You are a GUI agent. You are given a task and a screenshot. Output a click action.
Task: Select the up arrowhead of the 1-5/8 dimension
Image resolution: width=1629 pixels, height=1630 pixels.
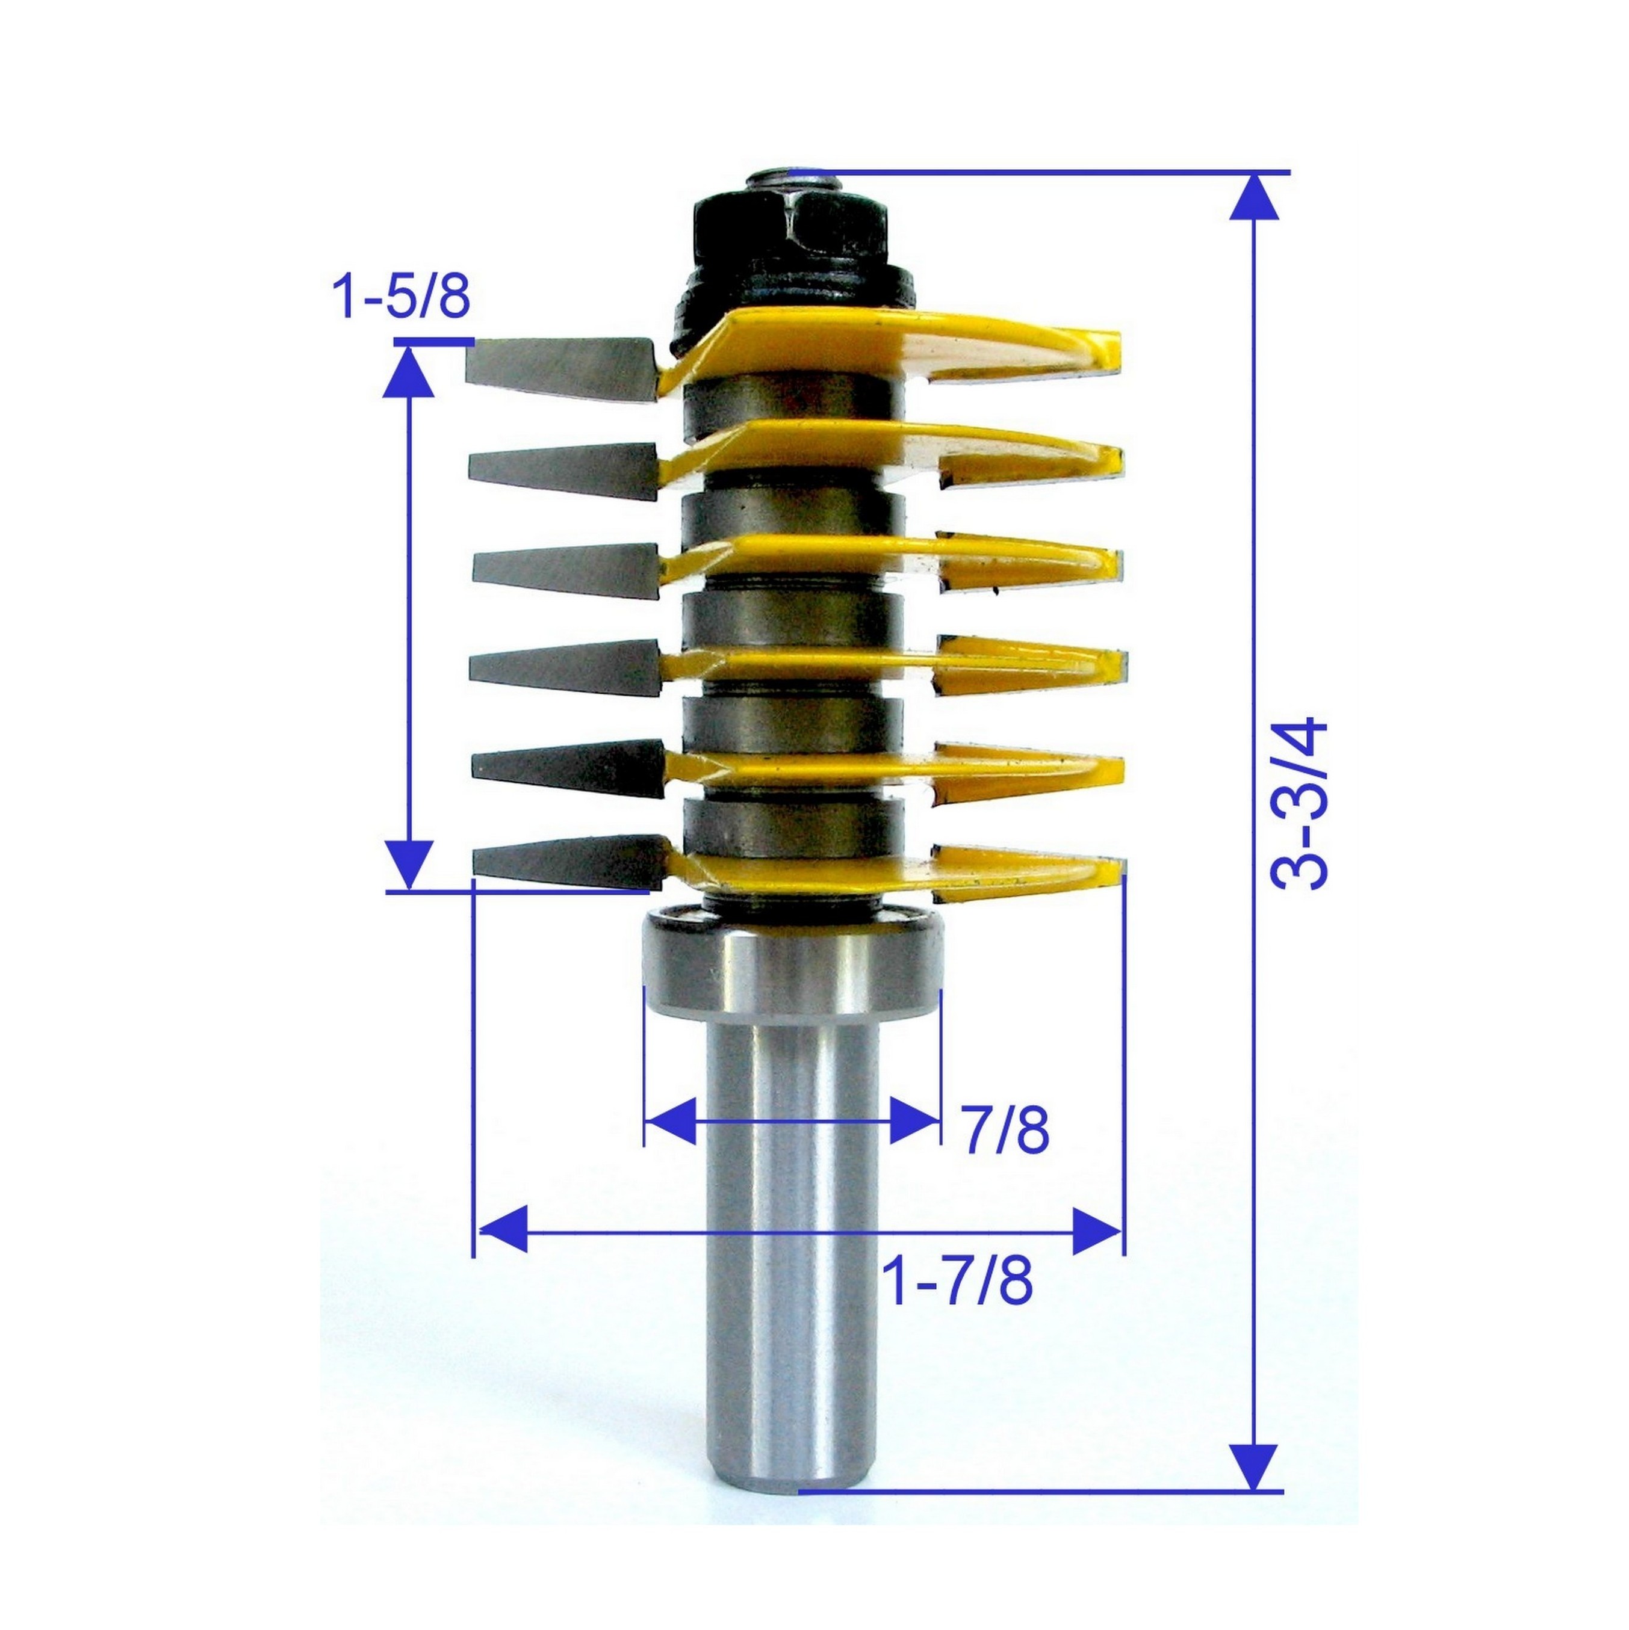[410, 372]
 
